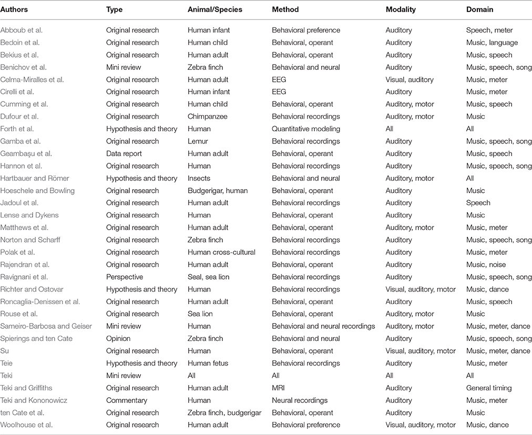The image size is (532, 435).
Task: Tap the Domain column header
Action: [479, 9]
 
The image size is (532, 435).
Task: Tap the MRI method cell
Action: [279, 388]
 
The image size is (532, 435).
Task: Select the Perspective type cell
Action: [125, 277]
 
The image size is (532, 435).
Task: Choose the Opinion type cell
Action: [118, 338]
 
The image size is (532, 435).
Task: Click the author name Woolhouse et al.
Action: [27, 424]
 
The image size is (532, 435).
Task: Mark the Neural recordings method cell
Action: [300, 400]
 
